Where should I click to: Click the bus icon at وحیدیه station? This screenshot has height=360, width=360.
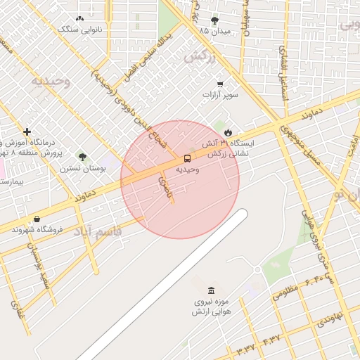187,158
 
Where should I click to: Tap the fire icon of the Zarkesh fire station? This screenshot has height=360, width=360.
228,132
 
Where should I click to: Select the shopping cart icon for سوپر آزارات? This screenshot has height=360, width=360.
220,84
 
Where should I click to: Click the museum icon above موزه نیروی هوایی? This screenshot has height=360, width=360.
211,291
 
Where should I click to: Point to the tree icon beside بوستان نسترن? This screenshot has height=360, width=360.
82,157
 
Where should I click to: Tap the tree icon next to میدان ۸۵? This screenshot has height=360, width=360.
214,20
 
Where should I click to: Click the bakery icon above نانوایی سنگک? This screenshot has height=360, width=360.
79,19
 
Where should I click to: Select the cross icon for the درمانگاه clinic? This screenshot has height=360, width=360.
27,131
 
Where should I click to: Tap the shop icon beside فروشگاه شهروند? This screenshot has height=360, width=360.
37,219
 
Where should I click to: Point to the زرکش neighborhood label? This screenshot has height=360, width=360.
198,57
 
